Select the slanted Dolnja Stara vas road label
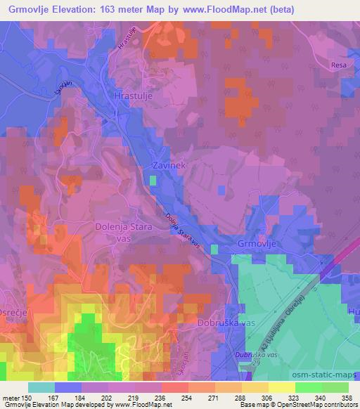coord(185,231)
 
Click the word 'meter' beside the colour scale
coord(13,398)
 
